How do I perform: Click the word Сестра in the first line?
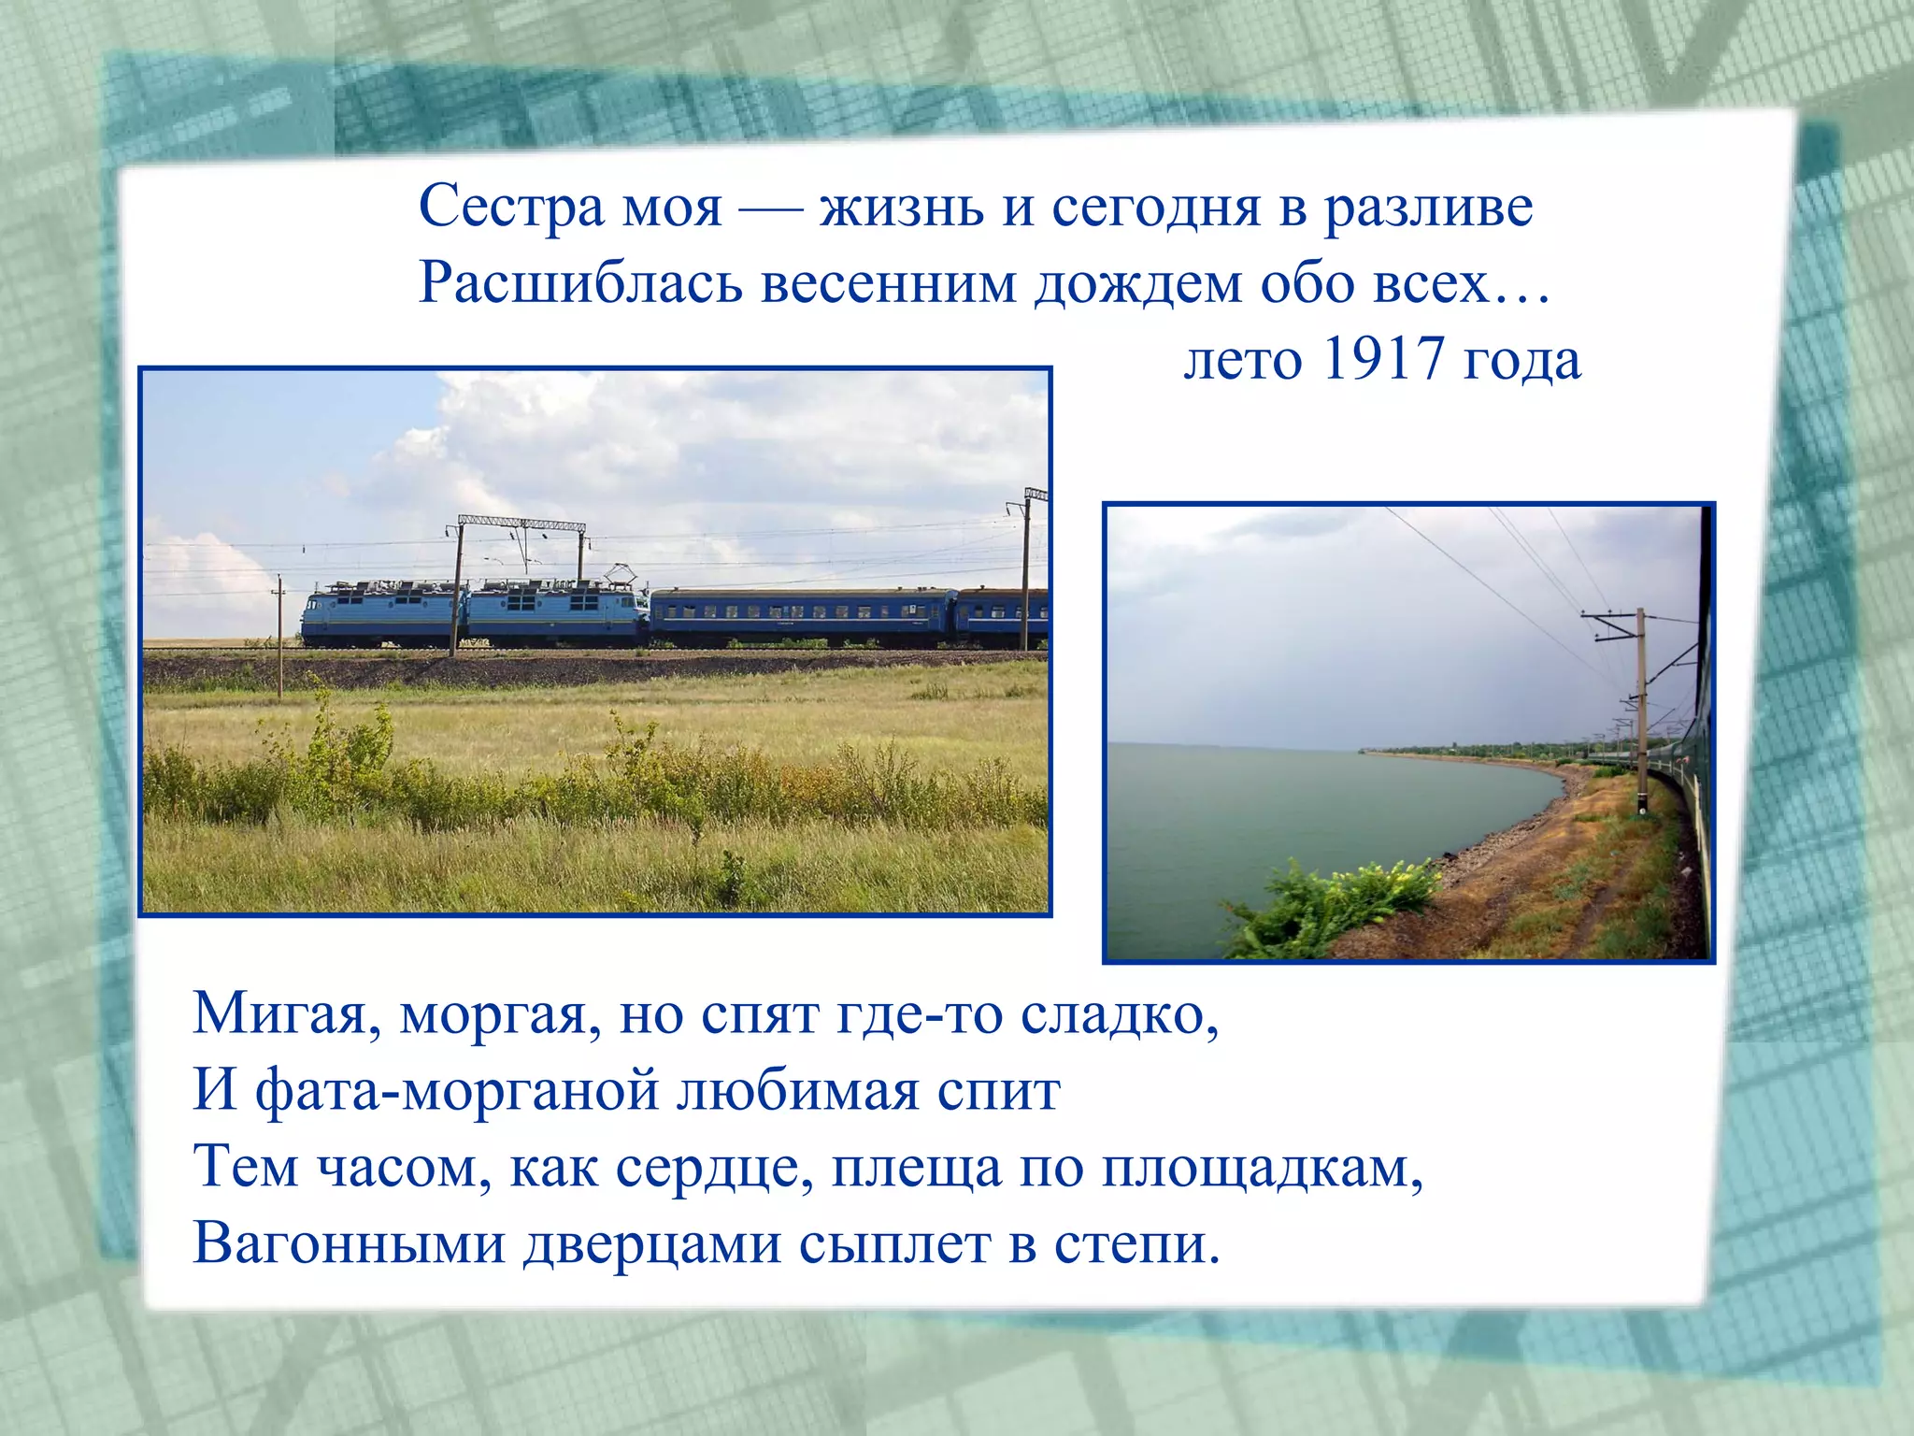tap(511, 207)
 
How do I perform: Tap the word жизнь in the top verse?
tap(901, 207)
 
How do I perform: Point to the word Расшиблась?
tap(579, 283)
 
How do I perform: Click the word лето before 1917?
tap(1242, 360)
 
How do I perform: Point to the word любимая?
tap(798, 1091)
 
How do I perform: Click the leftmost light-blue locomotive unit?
tap(383, 613)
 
